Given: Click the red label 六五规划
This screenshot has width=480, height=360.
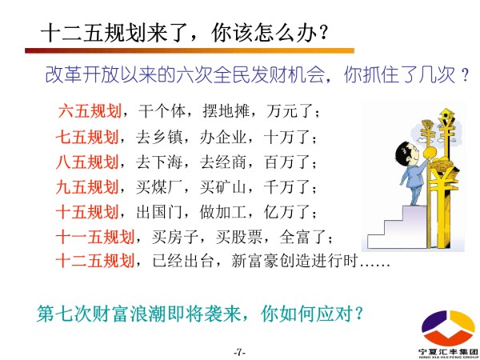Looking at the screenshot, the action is (x=90, y=111).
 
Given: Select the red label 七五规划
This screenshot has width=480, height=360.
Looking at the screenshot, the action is (x=87, y=137).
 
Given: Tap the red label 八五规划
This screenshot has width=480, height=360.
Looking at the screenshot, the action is (x=87, y=162).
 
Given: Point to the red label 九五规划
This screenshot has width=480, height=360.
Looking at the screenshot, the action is (x=87, y=187).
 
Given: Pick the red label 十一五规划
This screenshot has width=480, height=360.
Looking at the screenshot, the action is (x=95, y=238).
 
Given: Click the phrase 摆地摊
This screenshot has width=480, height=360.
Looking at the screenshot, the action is (x=226, y=111).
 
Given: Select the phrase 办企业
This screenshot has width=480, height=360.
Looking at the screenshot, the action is (x=223, y=137).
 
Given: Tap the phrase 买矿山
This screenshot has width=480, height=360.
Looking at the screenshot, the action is (x=223, y=187).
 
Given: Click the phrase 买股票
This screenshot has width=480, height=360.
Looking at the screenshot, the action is (x=239, y=238).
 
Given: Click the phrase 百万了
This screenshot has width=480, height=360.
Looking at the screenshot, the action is (x=287, y=162).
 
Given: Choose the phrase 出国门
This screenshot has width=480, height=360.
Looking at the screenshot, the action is (x=159, y=212).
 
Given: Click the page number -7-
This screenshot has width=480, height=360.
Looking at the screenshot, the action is (x=240, y=352).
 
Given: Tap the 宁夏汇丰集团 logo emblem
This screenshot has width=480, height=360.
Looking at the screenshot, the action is (x=448, y=327).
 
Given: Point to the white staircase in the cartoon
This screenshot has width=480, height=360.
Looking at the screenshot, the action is (x=398, y=227).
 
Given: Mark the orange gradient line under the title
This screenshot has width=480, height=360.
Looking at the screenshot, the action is (x=190, y=50).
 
